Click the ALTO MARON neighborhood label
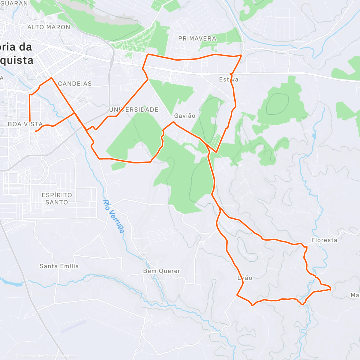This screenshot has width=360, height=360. click(x=49, y=27)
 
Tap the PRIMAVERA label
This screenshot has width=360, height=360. click(x=197, y=39)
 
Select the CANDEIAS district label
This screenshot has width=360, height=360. click(x=75, y=84)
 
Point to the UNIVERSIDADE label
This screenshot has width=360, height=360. click(x=134, y=110)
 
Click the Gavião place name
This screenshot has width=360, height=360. click(x=185, y=116)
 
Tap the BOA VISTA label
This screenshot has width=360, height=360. click(x=25, y=124)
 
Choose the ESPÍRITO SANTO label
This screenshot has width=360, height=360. click(x=57, y=199)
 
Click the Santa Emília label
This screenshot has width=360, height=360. click(x=59, y=266)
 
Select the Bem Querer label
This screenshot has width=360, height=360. click(x=162, y=271)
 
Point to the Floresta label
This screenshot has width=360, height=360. click(x=324, y=240)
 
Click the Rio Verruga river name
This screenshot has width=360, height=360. click(x=113, y=216)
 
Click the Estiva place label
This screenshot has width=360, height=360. click(x=229, y=79)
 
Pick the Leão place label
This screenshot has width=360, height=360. click(x=245, y=278)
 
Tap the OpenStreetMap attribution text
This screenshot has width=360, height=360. click(x=63, y=356)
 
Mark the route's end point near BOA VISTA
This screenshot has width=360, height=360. click(x=36, y=131)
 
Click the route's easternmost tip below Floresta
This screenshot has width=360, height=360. click(x=331, y=289)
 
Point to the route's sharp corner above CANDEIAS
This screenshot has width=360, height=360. click(x=51, y=77)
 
